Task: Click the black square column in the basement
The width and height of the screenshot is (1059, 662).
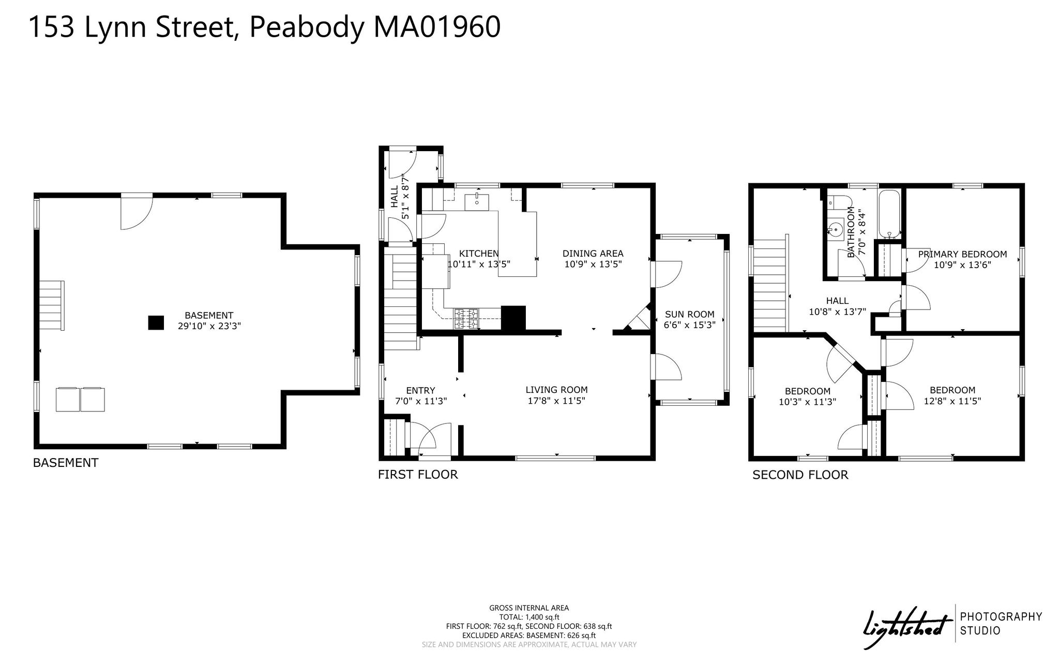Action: pyautogui.click(x=156, y=322)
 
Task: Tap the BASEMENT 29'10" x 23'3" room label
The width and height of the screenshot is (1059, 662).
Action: pyautogui.click(x=209, y=320)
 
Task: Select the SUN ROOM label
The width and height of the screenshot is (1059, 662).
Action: pyautogui.click(x=690, y=314)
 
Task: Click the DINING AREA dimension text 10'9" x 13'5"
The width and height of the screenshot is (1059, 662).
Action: pyautogui.click(x=593, y=264)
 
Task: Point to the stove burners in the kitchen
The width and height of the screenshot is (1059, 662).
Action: pyautogui.click(x=467, y=319)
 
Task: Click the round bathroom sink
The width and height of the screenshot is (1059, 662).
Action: pyautogui.click(x=836, y=229)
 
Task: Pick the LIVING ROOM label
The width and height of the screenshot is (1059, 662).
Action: pyautogui.click(x=556, y=390)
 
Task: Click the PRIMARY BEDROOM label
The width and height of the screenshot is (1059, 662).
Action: pyautogui.click(x=962, y=254)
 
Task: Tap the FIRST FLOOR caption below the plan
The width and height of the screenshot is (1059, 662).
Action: pyautogui.click(x=418, y=475)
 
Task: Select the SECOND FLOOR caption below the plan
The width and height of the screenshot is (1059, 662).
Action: pyautogui.click(x=800, y=475)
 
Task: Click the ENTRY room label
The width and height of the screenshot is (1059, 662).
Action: pyautogui.click(x=420, y=390)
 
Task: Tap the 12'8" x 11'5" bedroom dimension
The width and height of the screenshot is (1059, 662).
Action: pyautogui.click(x=952, y=401)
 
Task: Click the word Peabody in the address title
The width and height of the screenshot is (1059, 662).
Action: pyautogui.click(x=307, y=28)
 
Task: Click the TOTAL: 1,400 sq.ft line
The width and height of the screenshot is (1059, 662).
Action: pyautogui.click(x=529, y=617)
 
